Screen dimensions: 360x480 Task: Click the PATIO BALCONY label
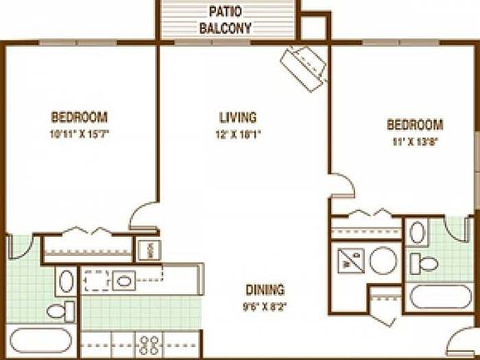click(x=225, y=19)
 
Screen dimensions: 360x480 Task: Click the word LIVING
click(x=237, y=117)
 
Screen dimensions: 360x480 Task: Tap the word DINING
click(x=265, y=290)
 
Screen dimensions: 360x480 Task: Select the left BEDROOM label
click(x=79, y=117)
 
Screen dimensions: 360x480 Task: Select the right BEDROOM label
click(x=414, y=125)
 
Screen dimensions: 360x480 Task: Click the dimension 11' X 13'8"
click(x=414, y=141)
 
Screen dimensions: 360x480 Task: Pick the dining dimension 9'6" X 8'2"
click(x=265, y=305)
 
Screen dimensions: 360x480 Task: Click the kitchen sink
click(x=124, y=280)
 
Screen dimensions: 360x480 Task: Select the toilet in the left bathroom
click(x=60, y=311)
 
